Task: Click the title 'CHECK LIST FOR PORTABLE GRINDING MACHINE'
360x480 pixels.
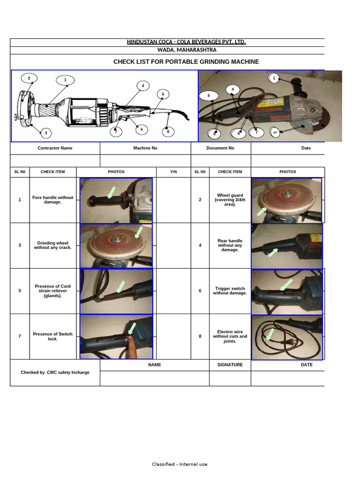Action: coord(186,62)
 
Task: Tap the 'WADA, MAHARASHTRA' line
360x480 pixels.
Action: coord(186,50)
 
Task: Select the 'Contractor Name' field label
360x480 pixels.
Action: coord(55,148)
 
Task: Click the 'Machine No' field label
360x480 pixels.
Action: coord(145,148)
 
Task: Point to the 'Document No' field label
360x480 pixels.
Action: coord(220,148)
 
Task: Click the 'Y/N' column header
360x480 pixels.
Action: coord(173,172)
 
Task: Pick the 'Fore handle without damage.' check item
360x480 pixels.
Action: coord(52,200)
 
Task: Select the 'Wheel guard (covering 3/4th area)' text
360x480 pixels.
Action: coord(230,200)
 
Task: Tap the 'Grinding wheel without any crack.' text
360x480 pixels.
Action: coord(52,245)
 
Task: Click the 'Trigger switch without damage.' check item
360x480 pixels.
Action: coord(230,291)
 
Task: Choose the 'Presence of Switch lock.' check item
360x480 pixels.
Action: coord(52,337)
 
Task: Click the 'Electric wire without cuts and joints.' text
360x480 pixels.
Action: coord(230,336)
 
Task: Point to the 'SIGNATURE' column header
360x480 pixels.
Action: coord(230,365)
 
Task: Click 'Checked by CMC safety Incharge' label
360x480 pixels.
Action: coord(55,373)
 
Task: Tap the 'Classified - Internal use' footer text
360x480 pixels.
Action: coord(180,465)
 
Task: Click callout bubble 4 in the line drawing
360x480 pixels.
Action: coord(143,86)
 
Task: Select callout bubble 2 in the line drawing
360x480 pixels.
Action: coord(29,78)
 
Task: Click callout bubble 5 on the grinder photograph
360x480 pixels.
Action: coord(209,96)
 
